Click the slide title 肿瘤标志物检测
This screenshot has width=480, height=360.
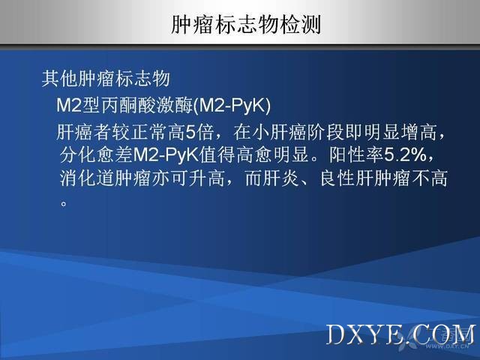(x=246, y=25)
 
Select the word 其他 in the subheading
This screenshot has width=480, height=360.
(x=60, y=79)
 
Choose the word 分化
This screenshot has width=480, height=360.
(x=78, y=155)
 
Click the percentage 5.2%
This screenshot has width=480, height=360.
(x=405, y=155)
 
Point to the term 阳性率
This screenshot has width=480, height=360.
(x=356, y=155)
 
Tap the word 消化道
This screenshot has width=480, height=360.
(x=87, y=178)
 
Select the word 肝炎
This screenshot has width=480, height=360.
(x=280, y=178)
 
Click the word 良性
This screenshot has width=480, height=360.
(x=337, y=178)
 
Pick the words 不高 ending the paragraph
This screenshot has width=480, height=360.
(x=429, y=178)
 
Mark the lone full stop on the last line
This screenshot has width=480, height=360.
(x=64, y=203)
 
